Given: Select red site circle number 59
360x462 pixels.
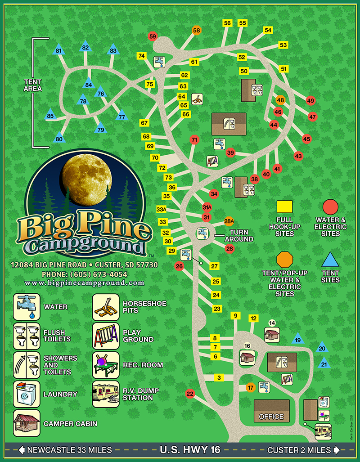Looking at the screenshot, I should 153,36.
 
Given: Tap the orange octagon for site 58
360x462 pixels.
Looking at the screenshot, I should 197,31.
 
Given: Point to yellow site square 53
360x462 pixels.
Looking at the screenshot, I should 283,45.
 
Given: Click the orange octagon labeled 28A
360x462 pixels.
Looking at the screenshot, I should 229,221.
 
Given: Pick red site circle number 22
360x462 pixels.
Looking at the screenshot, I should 190,394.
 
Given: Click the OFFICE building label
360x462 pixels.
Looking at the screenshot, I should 271,417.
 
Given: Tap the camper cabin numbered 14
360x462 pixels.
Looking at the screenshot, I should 272,334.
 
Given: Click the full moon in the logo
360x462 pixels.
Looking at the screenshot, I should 86,178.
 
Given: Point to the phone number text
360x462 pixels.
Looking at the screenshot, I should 84,274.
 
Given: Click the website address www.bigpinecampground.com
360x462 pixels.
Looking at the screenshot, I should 85,283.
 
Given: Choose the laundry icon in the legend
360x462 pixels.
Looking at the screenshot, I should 27,395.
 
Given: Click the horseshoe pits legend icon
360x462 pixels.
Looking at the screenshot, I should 105,307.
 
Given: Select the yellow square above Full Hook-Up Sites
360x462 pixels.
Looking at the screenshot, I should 284,207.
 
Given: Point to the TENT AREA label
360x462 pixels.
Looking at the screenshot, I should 33,85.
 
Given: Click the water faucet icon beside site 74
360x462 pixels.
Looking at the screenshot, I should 160,61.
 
